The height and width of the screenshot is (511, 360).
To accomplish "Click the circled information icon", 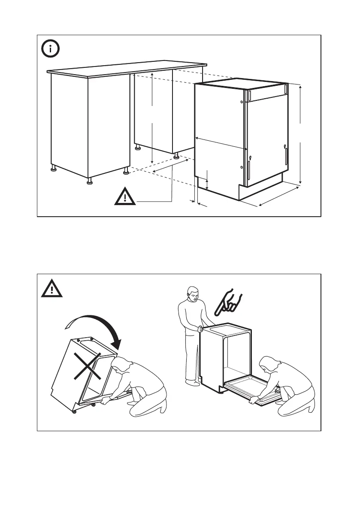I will (51, 48).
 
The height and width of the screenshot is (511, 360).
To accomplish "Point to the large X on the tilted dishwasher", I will (88, 366).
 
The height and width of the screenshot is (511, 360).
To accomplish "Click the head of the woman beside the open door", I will (270, 364).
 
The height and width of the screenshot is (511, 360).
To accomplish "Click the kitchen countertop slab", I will (124, 70).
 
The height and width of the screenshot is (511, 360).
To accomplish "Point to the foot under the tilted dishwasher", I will (75, 411).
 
